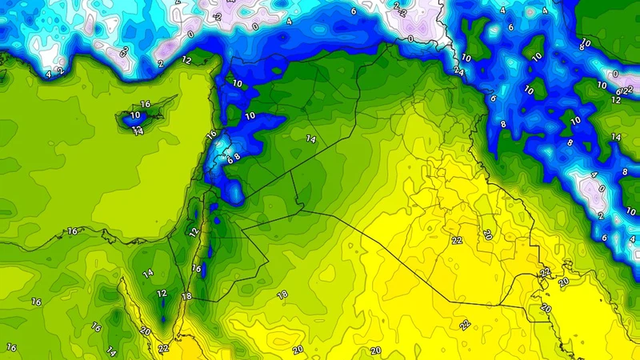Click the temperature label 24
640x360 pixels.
coord(458,70)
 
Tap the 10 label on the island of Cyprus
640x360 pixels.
coord(136,114)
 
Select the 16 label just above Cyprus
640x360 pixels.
coord(146,104)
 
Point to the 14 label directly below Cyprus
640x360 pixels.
coord(138,131)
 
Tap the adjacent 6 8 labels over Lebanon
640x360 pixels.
coord(233,158)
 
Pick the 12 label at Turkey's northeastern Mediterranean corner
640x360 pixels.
coord(187,60)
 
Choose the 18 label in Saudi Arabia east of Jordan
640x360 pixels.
coord(282,295)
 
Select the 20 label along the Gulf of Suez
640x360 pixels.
coord(146,330)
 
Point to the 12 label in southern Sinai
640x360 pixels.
coord(162,294)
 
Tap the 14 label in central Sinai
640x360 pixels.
coord(148,274)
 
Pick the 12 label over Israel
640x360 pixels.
coord(193,232)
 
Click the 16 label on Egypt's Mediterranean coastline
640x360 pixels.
coord(73,231)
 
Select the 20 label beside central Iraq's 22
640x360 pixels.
coord(487,234)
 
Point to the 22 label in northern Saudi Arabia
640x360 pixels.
coord(464,324)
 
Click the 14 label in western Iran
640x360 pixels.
coord(616,138)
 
